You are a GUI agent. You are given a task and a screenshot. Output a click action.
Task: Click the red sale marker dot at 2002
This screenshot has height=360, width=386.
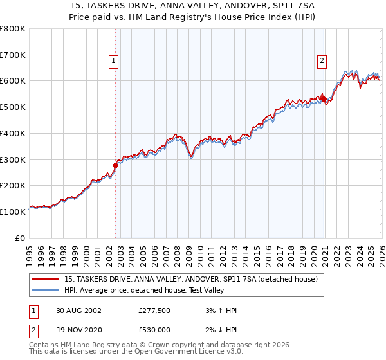(x=116, y=165)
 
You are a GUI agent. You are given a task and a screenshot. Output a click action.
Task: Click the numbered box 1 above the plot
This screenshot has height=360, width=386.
(x=113, y=61)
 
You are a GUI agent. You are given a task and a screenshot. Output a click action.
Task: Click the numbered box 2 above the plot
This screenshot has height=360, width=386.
(x=322, y=61)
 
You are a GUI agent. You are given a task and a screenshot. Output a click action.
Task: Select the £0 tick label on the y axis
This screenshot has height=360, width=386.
(x=21, y=238)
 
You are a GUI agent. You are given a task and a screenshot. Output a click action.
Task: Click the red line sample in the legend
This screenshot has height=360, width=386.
(x=45, y=280)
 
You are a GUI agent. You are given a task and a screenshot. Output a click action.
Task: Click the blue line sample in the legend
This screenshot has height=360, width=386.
(x=45, y=291)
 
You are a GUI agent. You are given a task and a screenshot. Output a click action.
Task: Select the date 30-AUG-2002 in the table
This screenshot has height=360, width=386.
(x=77, y=310)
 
